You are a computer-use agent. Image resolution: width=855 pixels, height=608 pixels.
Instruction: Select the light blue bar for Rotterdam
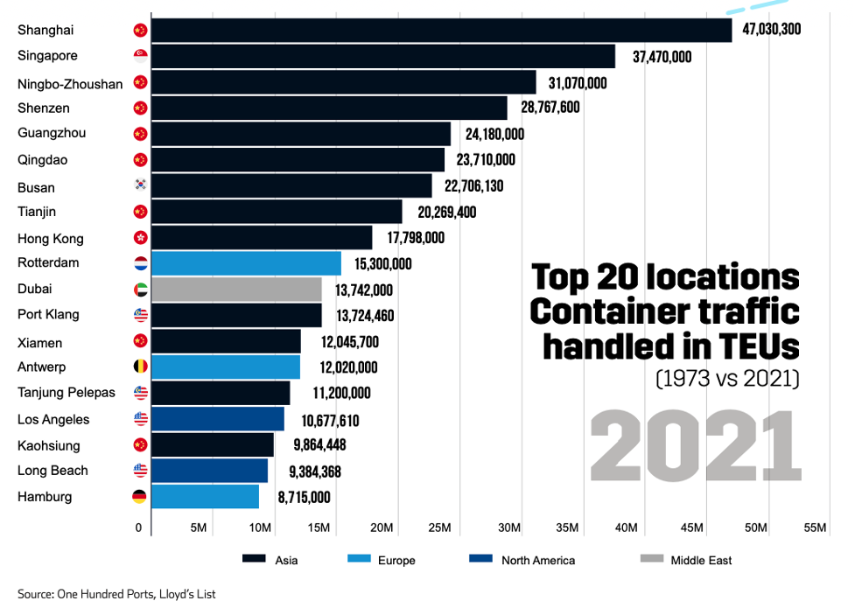pos(246,263)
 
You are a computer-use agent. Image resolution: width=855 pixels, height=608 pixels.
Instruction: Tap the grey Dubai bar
pos(236,290)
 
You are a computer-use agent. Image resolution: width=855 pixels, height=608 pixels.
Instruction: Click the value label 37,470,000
pos(662,57)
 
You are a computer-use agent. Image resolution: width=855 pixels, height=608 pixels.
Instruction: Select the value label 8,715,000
pos(304,497)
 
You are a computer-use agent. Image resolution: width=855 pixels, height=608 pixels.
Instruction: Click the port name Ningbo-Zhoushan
pos(70,84)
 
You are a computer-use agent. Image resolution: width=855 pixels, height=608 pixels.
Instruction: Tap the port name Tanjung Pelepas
pos(66,393)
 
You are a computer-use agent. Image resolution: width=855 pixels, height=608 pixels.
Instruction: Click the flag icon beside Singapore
pos(140,56)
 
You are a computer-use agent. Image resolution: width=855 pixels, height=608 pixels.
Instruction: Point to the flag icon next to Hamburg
pos(139,497)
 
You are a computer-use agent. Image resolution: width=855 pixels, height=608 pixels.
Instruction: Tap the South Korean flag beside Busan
pos(140,185)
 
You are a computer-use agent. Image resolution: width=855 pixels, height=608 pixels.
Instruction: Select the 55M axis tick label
pos(815,528)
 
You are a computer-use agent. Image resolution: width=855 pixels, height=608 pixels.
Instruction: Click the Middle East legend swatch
pos(652,560)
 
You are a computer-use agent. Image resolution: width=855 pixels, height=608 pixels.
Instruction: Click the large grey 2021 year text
pos(696,445)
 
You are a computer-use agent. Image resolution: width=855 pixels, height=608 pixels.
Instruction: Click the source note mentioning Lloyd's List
pos(116,594)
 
